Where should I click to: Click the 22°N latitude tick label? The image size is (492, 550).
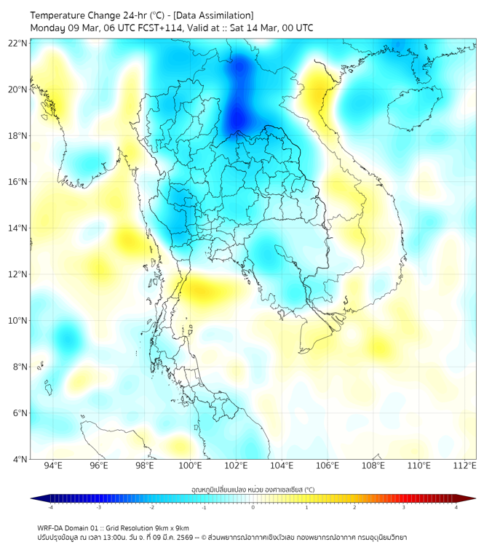click(18, 43)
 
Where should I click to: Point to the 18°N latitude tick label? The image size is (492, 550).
click(18, 135)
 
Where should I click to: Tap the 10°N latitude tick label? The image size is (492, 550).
click(18, 320)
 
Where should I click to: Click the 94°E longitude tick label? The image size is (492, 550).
click(53, 466)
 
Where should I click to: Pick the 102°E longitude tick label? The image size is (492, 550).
click(236, 466)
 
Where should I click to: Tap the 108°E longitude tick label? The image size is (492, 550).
click(373, 466)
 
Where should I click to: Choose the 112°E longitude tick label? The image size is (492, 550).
click(465, 466)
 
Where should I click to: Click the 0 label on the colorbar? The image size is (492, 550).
click(253, 508)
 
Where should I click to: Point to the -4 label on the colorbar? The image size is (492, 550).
click(49, 508)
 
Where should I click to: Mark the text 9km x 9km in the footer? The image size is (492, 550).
click(170, 527)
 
